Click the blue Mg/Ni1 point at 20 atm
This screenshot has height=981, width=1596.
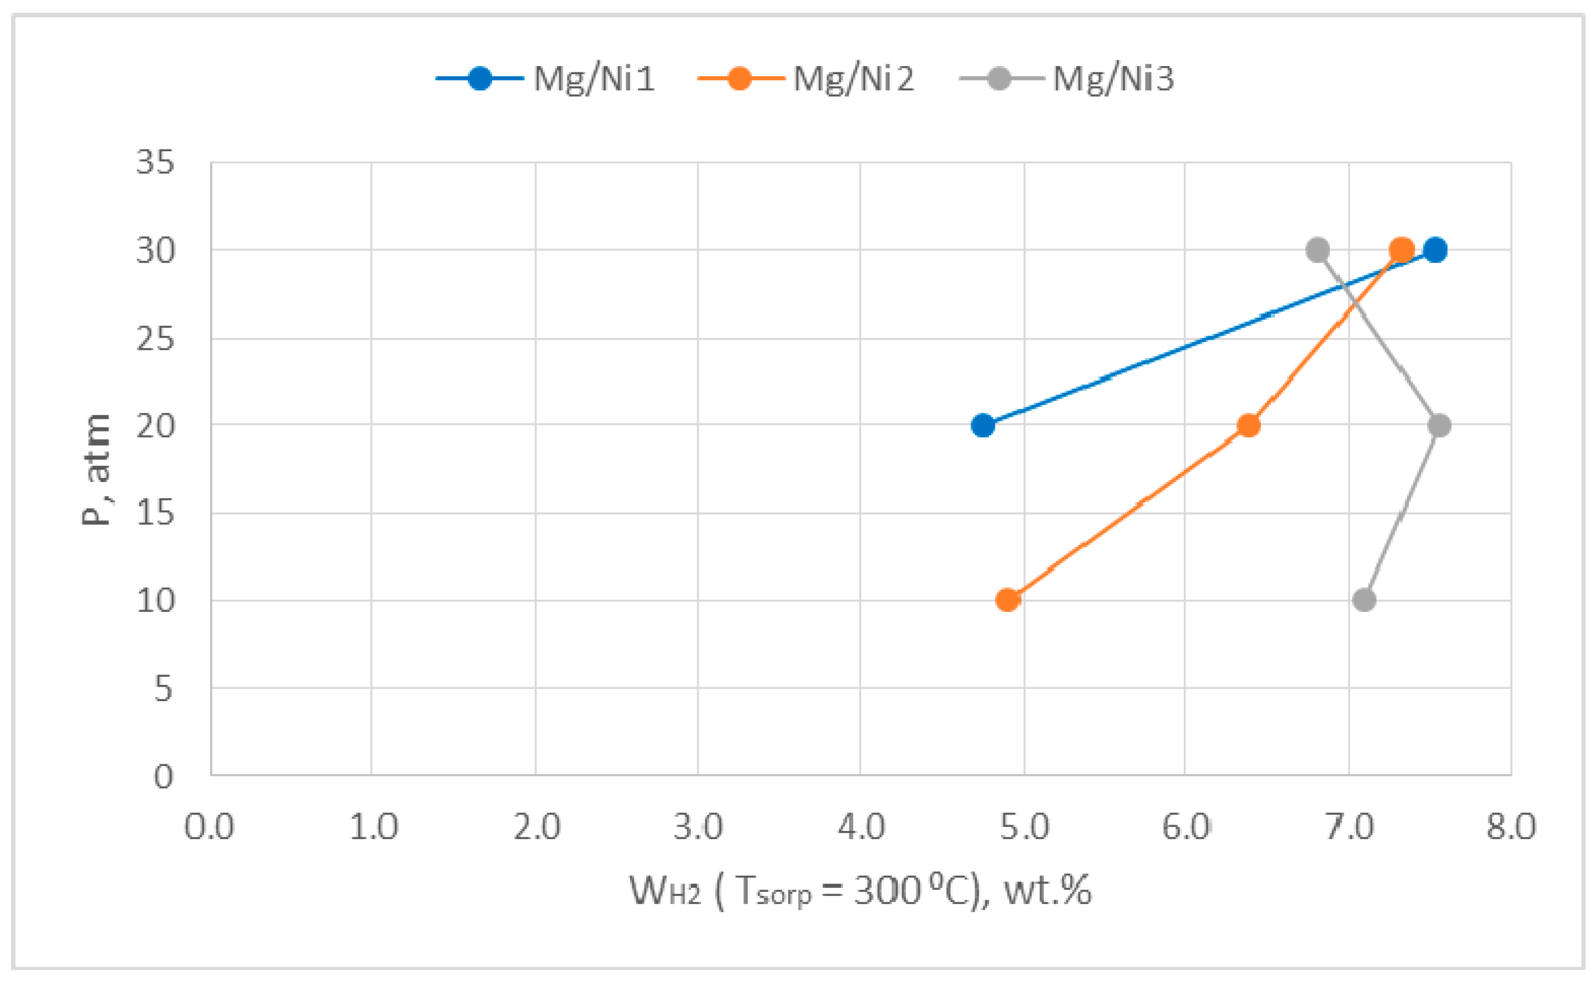point(983,426)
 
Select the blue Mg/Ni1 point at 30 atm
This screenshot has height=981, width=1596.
point(1435,250)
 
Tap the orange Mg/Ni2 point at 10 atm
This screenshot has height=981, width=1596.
point(1008,600)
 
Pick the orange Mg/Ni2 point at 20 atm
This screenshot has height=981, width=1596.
point(1248,426)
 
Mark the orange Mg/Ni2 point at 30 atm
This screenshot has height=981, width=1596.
point(1401,250)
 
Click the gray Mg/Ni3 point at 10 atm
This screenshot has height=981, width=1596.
point(1364,600)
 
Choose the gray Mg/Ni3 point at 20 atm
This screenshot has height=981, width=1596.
point(1439,426)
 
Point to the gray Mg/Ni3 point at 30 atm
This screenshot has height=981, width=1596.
point(1318,250)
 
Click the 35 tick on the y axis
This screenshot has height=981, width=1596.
point(156,162)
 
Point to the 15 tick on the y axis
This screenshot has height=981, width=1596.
point(156,514)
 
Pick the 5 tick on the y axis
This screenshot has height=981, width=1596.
point(163,689)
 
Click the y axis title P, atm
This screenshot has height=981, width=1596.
point(96,468)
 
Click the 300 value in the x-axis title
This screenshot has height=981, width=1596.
point(887,890)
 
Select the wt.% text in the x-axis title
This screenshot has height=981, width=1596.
point(1048,890)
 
